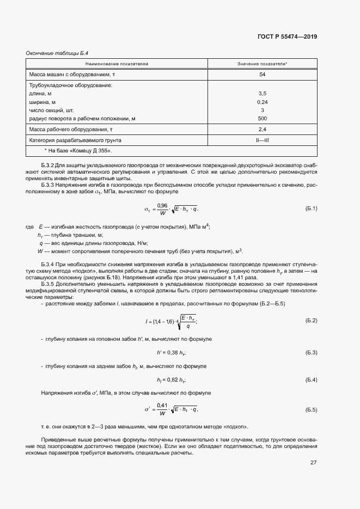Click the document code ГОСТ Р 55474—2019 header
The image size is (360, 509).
click(287, 37)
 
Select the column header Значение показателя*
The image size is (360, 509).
click(262, 64)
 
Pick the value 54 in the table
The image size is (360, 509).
click(262, 74)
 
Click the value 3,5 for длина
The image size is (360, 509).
click(262, 94)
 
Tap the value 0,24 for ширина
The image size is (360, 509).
click(262, 102)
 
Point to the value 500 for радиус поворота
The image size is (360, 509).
click(262, 118)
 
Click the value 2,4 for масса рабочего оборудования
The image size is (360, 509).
click(262, 130)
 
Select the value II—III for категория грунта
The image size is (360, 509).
click(262, 140)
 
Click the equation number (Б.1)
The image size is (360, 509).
click(311, 208)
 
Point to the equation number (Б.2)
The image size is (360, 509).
click(311, 320)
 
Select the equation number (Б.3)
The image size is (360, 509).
click(311, 353)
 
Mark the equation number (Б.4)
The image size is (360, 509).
click(311, 379)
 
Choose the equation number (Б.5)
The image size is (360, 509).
click(311, 409)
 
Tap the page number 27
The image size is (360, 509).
click(313, 462)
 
